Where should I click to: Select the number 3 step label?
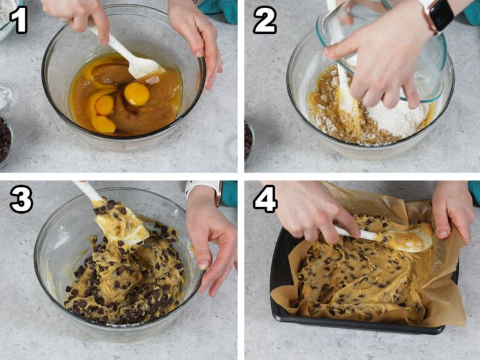coord(20,200)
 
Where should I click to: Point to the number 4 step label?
coord(264,200)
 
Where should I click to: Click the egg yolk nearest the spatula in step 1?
coord(136,94)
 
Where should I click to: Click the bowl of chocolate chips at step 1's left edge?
coord(5,141)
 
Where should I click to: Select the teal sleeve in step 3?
coord(229,194)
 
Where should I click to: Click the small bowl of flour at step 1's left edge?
coord(5,97)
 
